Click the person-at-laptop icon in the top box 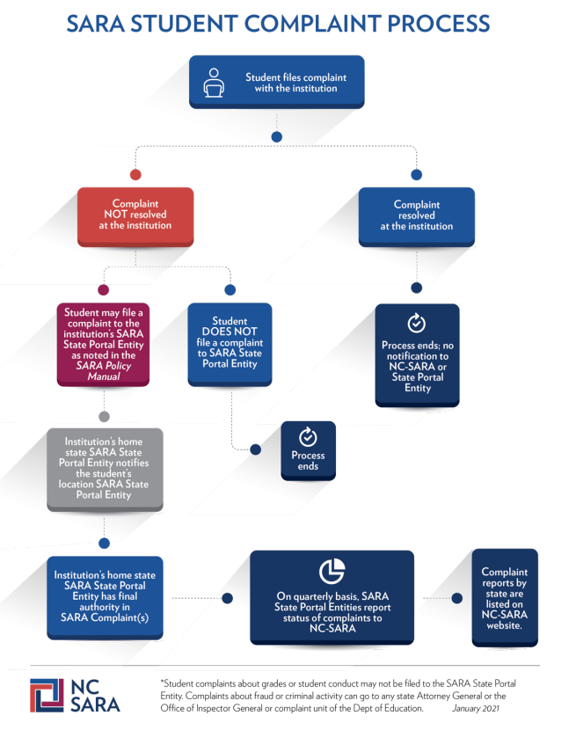click(x=214, y=83)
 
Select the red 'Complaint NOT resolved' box click(x=135, y=216)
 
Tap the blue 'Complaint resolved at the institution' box click(x=417, y=216)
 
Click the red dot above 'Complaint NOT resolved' click(x=135, y=175)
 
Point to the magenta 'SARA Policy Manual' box click(x=104, y=345)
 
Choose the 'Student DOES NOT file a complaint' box click(x=230, y=345)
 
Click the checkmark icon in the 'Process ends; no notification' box click(x=417, y=323)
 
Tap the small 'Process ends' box click(x=309, y=450)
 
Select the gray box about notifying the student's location click(x=105, y=470)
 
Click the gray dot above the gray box click(x=105, y=416)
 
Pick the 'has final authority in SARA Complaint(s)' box click(x=105, y=598)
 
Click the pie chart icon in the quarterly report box click(x=332, y=571)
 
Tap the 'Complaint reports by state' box click(x=505, y=598)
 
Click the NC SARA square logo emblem click(x=47, y=695)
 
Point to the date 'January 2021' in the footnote click(x=476, y=708)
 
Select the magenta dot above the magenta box click(x=104, y=289)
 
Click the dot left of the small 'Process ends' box click(x=256, y=449)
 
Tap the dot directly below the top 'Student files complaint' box click(x=277, y=137)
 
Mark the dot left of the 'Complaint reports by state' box click(x=457, y=598)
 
